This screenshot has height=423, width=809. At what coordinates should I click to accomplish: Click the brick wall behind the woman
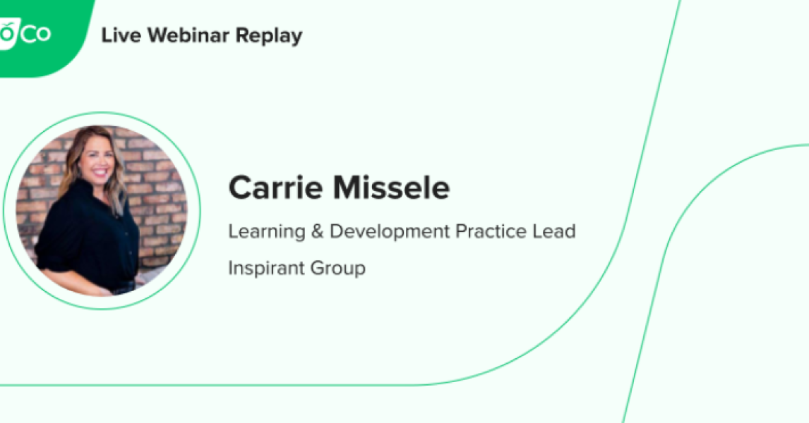coord(159,197)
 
